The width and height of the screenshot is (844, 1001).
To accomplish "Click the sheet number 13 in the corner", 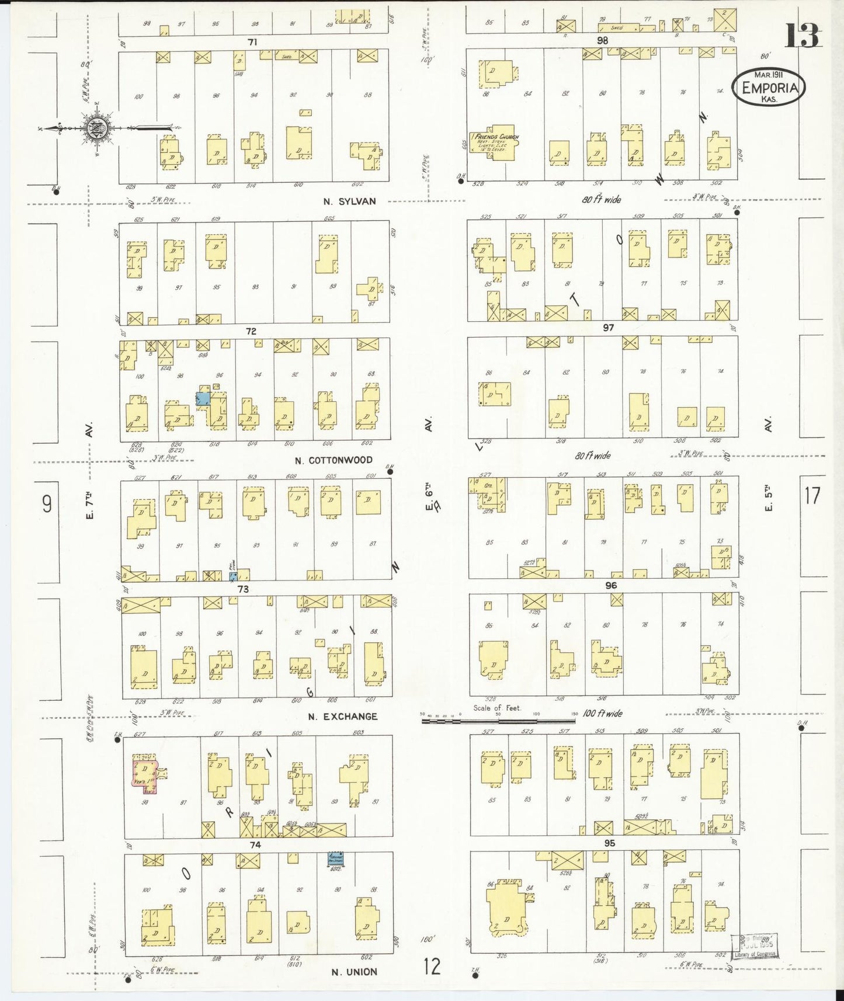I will point(803,36).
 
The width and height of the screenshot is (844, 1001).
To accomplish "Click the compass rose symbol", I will point(95,128).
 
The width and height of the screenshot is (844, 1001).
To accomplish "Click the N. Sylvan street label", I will point(350,201).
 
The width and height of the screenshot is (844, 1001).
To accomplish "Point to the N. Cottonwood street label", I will point(334,460).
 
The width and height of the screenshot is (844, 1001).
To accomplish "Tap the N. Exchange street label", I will point(343,717).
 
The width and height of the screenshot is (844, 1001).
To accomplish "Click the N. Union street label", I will point(354,972).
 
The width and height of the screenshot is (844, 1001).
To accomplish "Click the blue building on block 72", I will point(203,399).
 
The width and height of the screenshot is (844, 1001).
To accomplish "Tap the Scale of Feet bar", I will point(499,721).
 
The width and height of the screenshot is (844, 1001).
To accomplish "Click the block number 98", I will point(602,40).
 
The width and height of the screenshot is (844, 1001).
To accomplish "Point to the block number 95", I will point(610,843).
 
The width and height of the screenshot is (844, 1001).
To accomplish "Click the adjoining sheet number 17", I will point(812,496).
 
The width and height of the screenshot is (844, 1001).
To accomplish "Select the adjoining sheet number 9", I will point(47,503).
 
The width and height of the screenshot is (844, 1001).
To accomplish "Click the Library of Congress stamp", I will point(755,946).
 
